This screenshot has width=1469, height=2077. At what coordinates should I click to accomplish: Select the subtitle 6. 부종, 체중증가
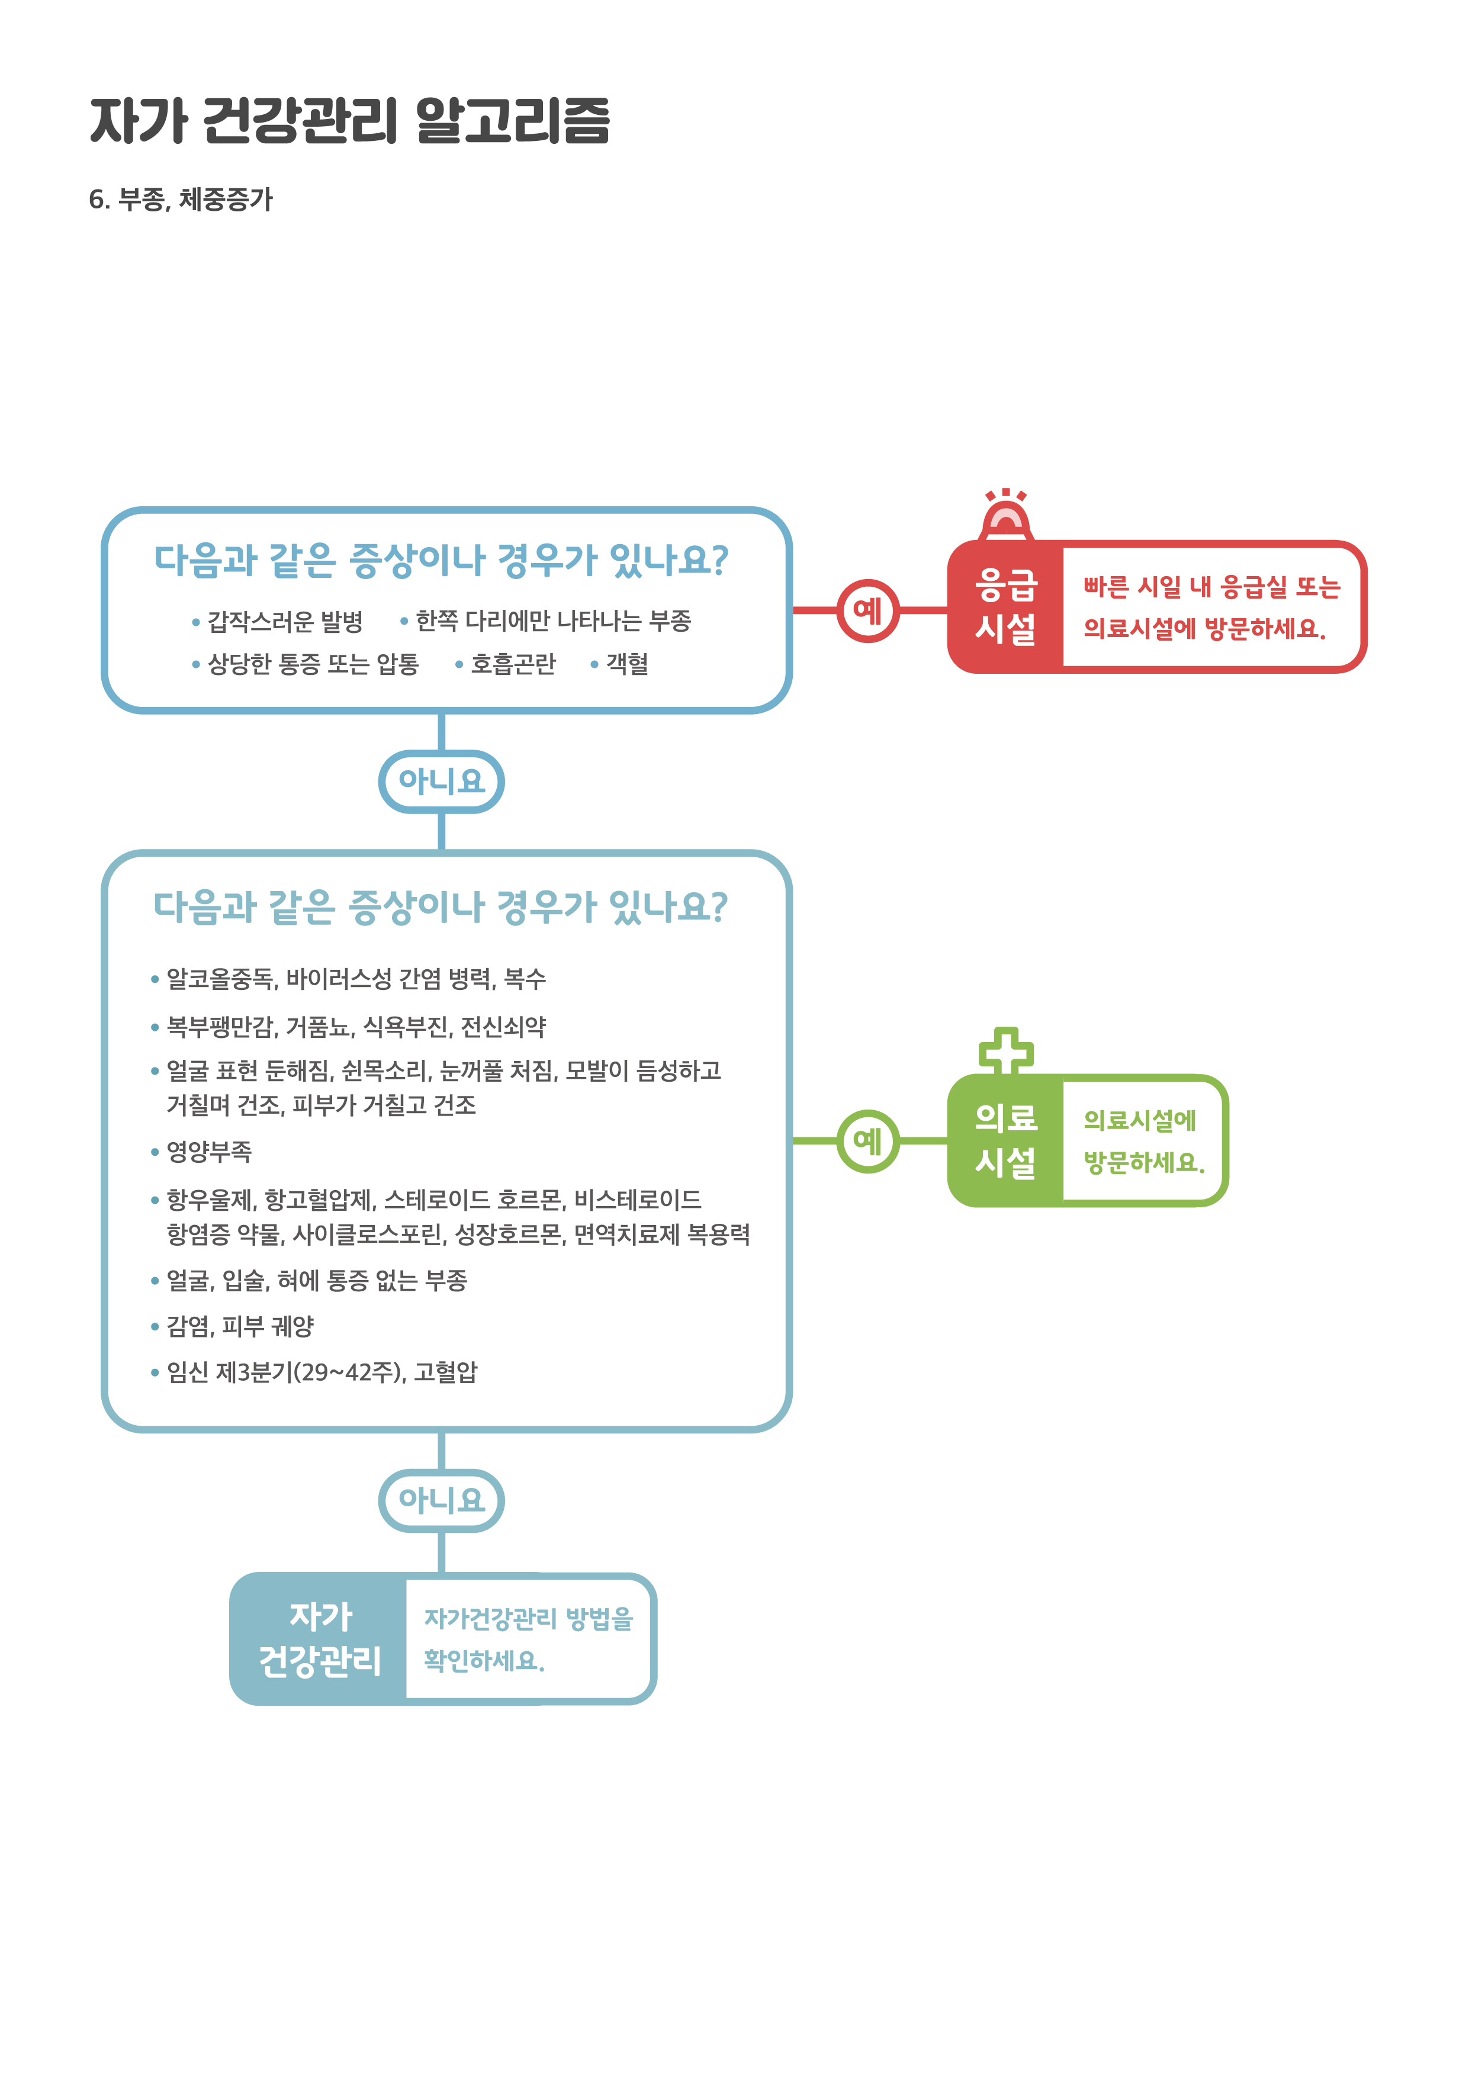[181, 199]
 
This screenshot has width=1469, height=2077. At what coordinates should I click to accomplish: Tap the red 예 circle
[867, 610]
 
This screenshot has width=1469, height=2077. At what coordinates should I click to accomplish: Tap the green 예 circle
[867, 1141]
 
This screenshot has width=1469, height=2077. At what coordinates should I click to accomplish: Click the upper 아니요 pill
[442, 782]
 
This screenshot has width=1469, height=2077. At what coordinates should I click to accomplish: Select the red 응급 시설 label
[1006, 607]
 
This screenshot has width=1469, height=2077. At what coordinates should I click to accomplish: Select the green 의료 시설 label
[1006, 1141]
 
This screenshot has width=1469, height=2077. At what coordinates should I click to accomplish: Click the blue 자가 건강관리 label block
[319, 1639]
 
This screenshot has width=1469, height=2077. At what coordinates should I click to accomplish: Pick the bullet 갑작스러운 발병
[285, 622]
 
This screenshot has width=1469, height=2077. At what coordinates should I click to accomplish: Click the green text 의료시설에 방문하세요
[1143, 1141]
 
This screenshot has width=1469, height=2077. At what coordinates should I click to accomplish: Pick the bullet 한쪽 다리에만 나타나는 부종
[552, 622]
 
